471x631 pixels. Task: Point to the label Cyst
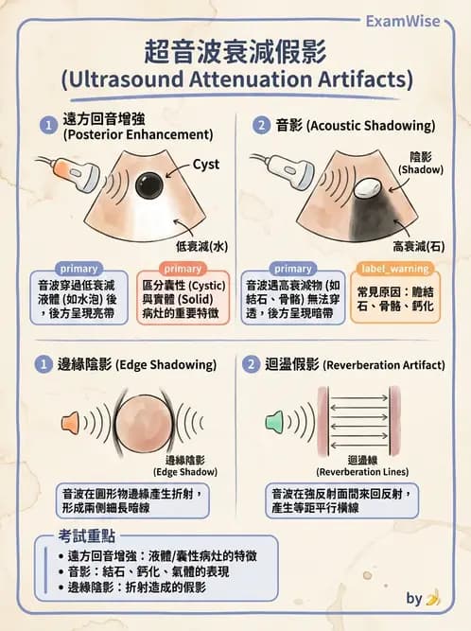[x=206, y=165]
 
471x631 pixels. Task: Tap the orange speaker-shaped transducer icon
[x=72, y=421]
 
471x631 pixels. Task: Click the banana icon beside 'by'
[x=433, y=598]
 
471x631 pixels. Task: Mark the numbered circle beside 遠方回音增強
[x=46, y=125]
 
